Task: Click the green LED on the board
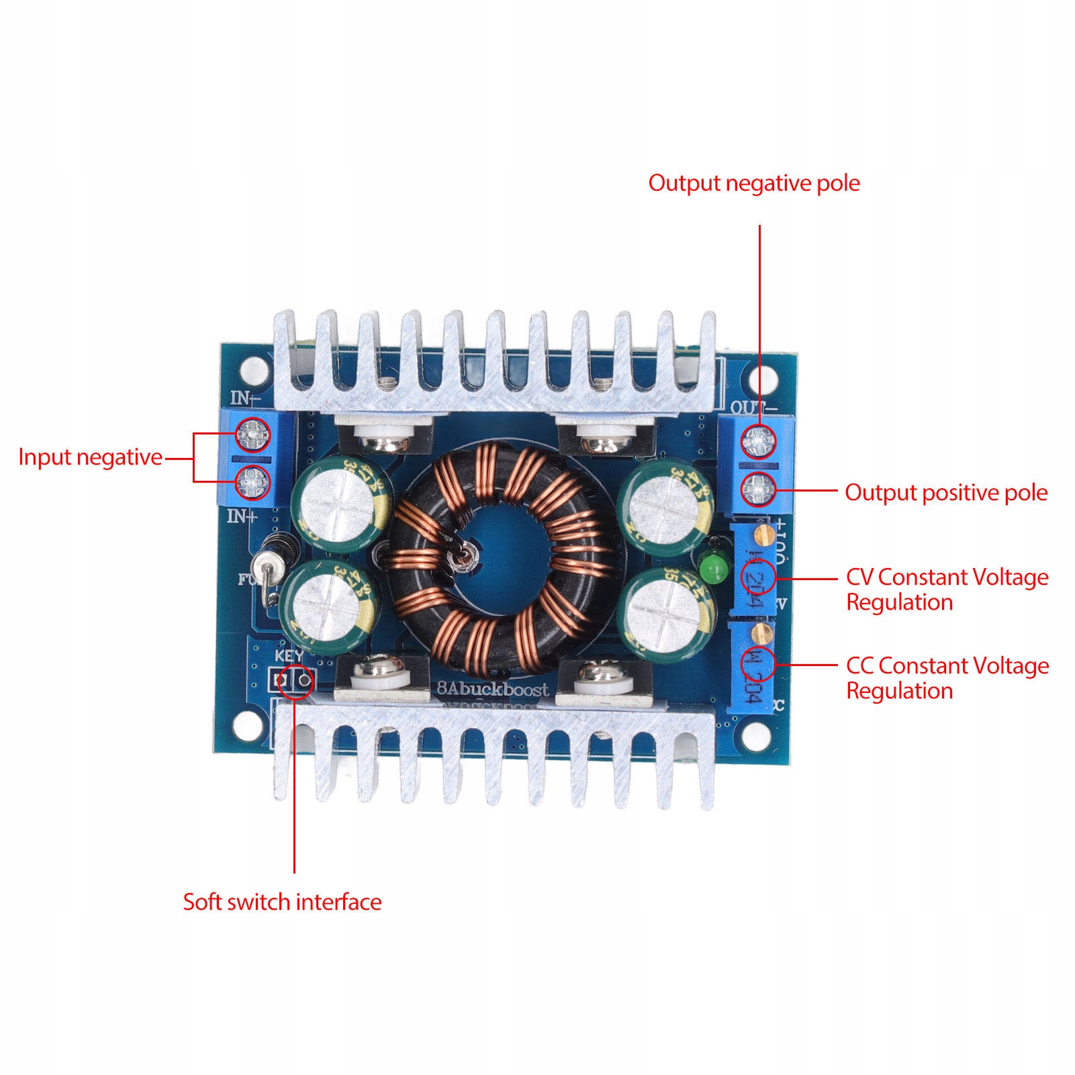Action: click(x=714, y=567)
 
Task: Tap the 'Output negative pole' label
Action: click(x=753, y=183)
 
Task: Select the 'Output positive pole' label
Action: click(x=945, y=493)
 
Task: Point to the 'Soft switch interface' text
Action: click(x=282, y=902)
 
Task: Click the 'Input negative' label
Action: click(x=90, y=457)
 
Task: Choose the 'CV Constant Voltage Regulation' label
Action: click(x=946, y=590)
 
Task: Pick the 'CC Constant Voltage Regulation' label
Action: click(x=947, y=678)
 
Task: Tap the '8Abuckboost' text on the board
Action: click(x=492, y=689)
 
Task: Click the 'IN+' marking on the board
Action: click(x=242, y=516)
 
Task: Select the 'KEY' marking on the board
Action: click(x=289, y=655)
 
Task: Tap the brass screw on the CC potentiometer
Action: click(x=761, y=631)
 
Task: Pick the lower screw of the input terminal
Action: click(x=253, y=481)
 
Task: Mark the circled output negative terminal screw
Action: click(x=758, y=441)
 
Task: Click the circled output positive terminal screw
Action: click(x=758, y=489)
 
